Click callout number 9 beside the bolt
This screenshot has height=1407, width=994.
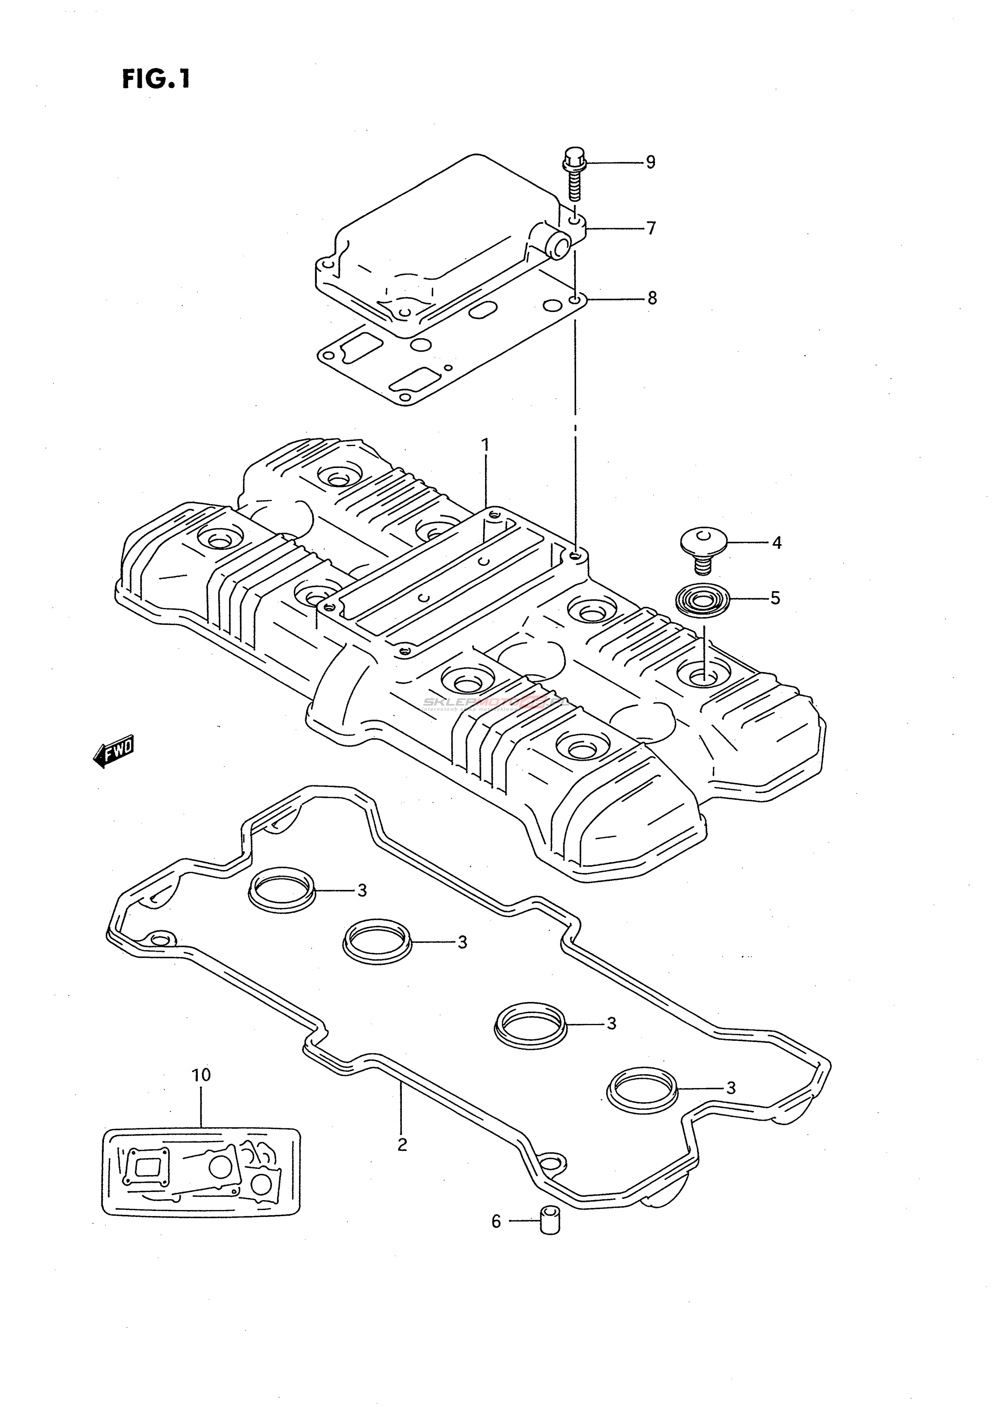coord(650,162)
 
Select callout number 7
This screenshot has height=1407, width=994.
coord(651,229)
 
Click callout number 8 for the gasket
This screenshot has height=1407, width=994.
coord(652,298)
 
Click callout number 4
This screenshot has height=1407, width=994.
coord(777,543)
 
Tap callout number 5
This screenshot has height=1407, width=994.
coord(775,598)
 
